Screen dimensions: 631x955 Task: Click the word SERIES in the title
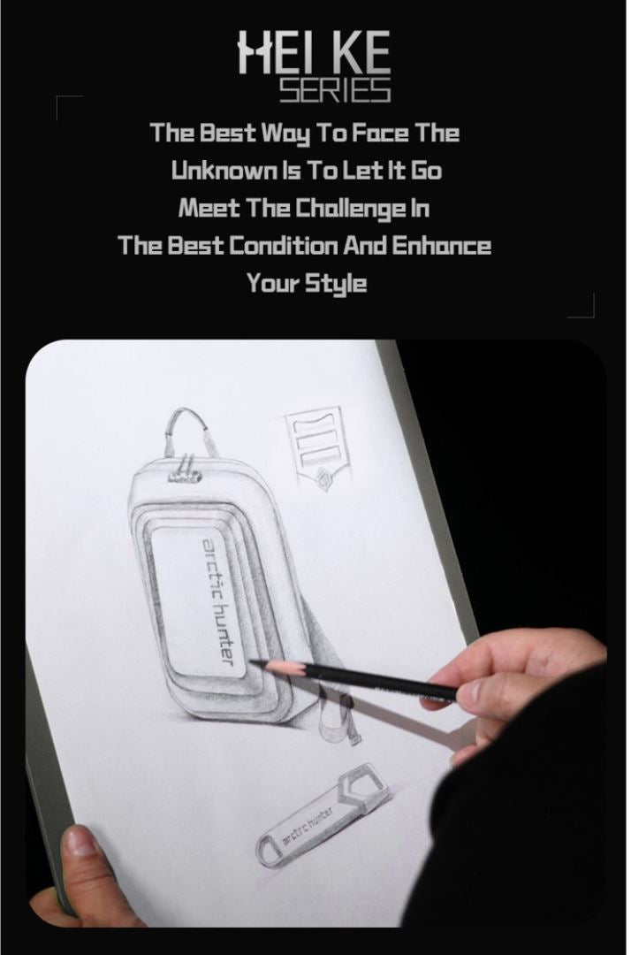[x=335, y=91]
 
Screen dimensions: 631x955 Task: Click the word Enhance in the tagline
[x=440, y=246]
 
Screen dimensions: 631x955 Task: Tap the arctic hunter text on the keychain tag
[x=308, y=827]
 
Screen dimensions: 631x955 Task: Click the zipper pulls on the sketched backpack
[x=185, y=470]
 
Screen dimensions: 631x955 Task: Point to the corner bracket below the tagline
[x=582, y=305]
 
